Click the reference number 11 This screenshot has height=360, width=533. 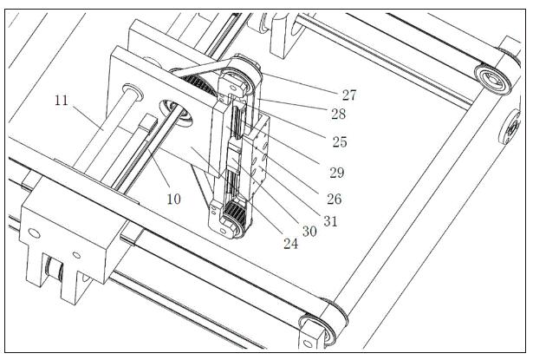[x=61, y=101]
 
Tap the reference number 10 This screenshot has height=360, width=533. [x=173, y=199]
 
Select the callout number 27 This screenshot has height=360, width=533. [x=348, y=95]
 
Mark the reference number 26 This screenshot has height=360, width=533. [x=334, y=199]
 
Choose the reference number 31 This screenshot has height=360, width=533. [x=328, y=220]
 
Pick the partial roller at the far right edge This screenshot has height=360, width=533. [x=516, y=128]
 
